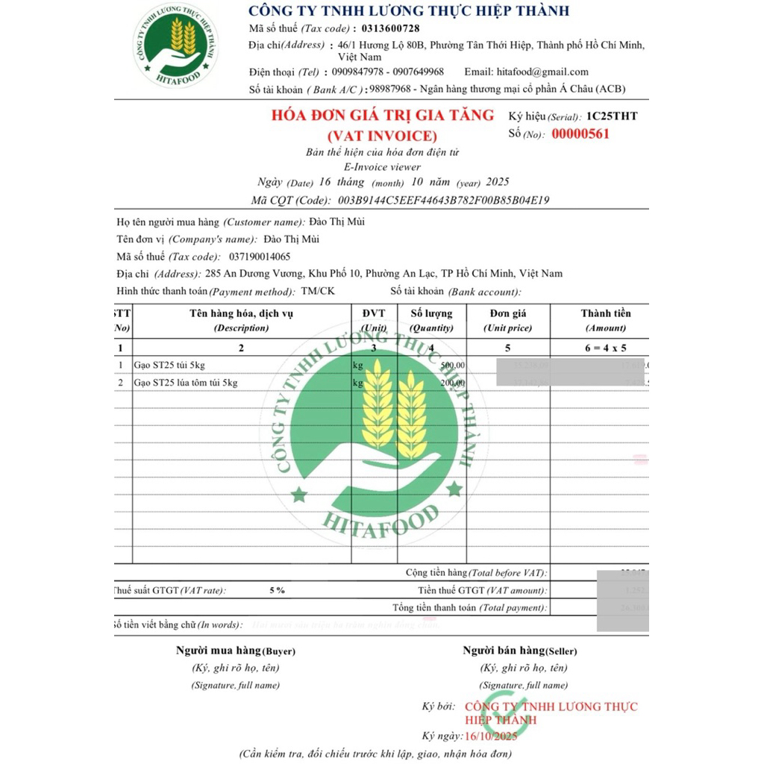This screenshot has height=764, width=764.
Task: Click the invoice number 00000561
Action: point(580,134)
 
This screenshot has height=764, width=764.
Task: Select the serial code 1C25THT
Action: point(612,116)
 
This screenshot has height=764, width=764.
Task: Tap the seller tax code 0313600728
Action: point(385,28)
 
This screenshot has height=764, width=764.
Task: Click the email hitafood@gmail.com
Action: point(542,72)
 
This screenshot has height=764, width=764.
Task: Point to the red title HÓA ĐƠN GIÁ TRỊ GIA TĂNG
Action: point(382,115)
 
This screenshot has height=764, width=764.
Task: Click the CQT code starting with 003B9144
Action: point(444,200)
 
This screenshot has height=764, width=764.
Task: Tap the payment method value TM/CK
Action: point(317,291)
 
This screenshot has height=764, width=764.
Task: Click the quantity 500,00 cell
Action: point(452,365)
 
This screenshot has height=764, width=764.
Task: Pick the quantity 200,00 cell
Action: point(452,383)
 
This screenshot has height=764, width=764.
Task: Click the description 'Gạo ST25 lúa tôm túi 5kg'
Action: point(186,383)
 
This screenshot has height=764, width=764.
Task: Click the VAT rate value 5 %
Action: point(277,590)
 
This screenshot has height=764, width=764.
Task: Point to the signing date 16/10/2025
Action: point(490,736)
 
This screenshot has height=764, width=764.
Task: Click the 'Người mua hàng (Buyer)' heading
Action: point(235,651)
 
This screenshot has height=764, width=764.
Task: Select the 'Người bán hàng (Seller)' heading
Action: point(519,651)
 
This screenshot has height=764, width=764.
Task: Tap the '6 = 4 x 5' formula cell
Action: point(605,348)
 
